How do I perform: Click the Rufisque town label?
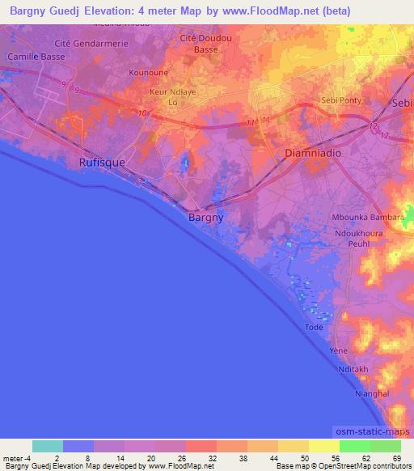[x=102, y=163]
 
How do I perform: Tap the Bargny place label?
[x=205, y=218]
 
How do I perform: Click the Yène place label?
[x=338, y=351]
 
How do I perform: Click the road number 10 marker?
[x=142, y=113]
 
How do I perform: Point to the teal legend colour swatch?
[x=48, y=446]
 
